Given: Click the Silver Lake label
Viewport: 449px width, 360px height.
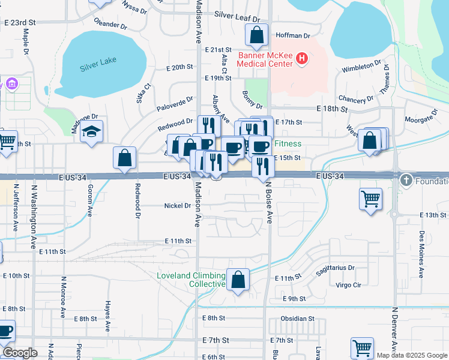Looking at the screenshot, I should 98,61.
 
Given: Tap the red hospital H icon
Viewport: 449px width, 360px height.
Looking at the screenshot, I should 302,60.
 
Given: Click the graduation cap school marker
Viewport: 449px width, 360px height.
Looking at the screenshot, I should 91,131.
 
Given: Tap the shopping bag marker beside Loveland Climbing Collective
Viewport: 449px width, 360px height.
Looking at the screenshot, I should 238,279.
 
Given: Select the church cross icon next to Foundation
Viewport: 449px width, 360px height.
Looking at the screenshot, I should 406,179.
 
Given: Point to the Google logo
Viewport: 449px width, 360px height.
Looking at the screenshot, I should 20,353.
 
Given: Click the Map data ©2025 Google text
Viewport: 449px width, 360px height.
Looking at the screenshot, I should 412,355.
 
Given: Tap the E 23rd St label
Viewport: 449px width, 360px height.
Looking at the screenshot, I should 20,22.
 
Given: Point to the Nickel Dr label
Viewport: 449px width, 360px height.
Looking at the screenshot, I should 177,206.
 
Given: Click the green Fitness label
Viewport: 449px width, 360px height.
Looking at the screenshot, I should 288,144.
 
